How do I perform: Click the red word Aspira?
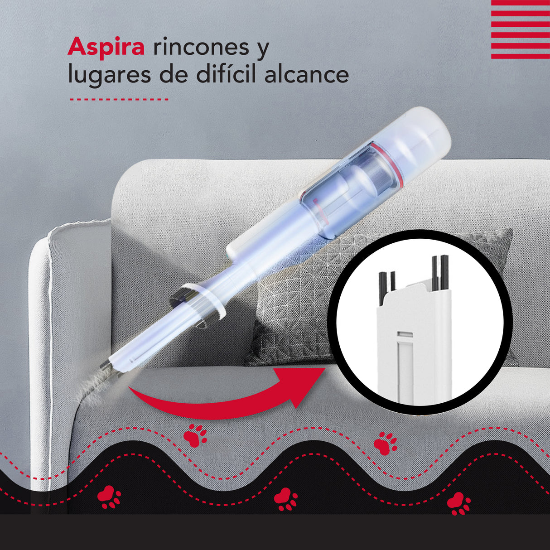click(106, 47)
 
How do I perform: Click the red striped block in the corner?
click(520, 29)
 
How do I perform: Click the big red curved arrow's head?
click(304, 385)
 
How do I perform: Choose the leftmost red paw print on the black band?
click(109, 497)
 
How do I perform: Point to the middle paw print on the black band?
click(285, 499)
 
